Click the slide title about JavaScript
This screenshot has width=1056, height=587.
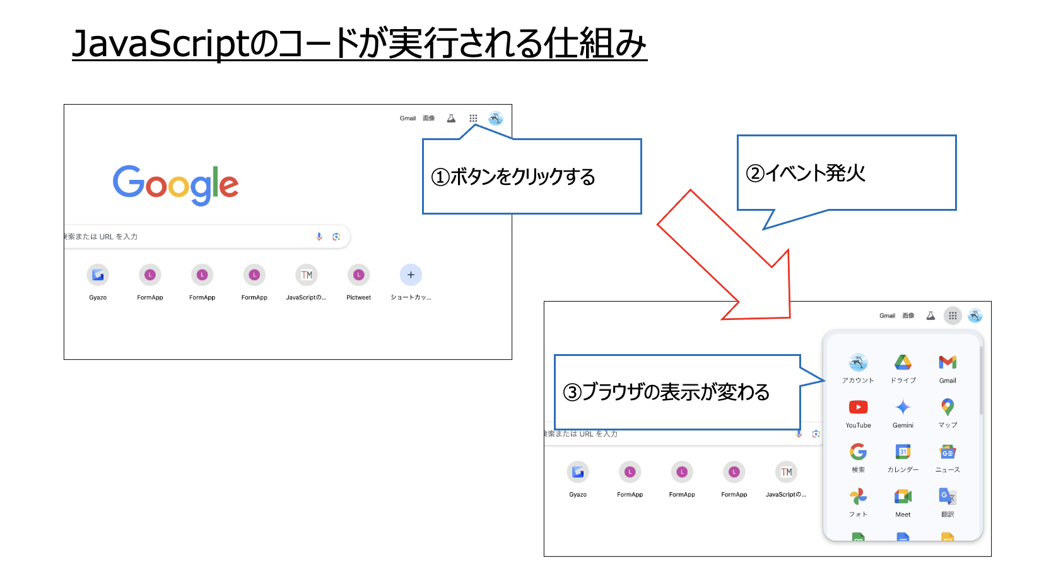359,44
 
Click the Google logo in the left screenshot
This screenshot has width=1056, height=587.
175,184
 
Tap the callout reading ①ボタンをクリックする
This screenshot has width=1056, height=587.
531,177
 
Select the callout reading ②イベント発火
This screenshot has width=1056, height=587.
846,173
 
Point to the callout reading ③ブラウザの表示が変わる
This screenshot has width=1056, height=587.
676,392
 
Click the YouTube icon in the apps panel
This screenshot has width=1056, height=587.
858,407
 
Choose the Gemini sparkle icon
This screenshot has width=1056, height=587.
903,407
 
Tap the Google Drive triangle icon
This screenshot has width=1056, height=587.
903,362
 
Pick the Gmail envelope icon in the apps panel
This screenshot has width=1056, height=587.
947,362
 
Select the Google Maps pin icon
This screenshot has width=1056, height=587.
947,407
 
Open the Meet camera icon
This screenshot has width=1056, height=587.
903,497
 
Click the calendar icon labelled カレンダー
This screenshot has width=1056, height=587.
903,452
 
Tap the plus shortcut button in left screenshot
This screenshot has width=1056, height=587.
411,275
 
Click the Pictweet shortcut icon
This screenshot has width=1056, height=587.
358,275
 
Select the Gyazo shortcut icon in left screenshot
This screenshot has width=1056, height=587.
98,275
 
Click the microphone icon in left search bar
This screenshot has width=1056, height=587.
319,237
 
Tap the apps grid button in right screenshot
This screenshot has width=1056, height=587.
953,316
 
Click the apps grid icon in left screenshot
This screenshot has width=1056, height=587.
473,118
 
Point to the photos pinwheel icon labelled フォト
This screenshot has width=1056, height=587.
858,497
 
